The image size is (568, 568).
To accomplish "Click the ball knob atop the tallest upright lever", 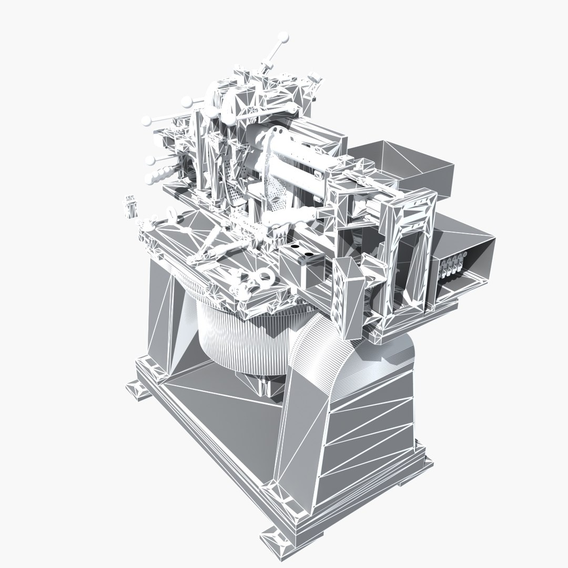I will coord(283,38).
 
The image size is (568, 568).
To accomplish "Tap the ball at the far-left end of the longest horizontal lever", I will coord(146,122).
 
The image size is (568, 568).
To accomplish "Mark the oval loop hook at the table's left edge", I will coord(172,214).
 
